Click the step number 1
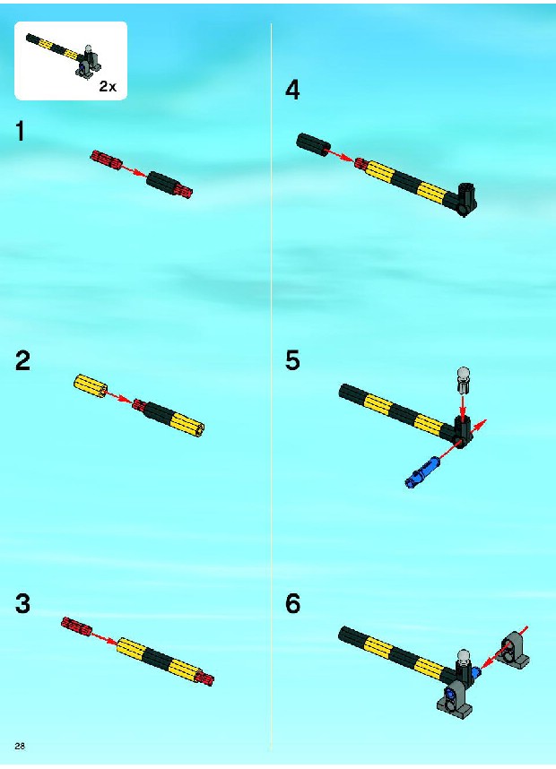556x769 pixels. [20, 132]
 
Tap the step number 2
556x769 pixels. [22, 360]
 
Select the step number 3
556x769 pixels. [22, 603]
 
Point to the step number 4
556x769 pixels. [292, 90]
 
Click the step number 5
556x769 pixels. [292, 360]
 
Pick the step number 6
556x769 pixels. [292, 603]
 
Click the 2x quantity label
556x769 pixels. [108, 86]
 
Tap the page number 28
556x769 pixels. [20, 746]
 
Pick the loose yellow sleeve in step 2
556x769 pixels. [91, 386]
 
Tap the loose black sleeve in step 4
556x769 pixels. [313, 144]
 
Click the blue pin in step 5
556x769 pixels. [422, 471]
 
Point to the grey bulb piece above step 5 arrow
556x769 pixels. [463, 380]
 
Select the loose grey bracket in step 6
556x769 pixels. [513, 651]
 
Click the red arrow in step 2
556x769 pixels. [120, 397]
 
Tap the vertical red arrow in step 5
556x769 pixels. [462, 404]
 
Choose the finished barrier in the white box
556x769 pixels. [64, 55]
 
